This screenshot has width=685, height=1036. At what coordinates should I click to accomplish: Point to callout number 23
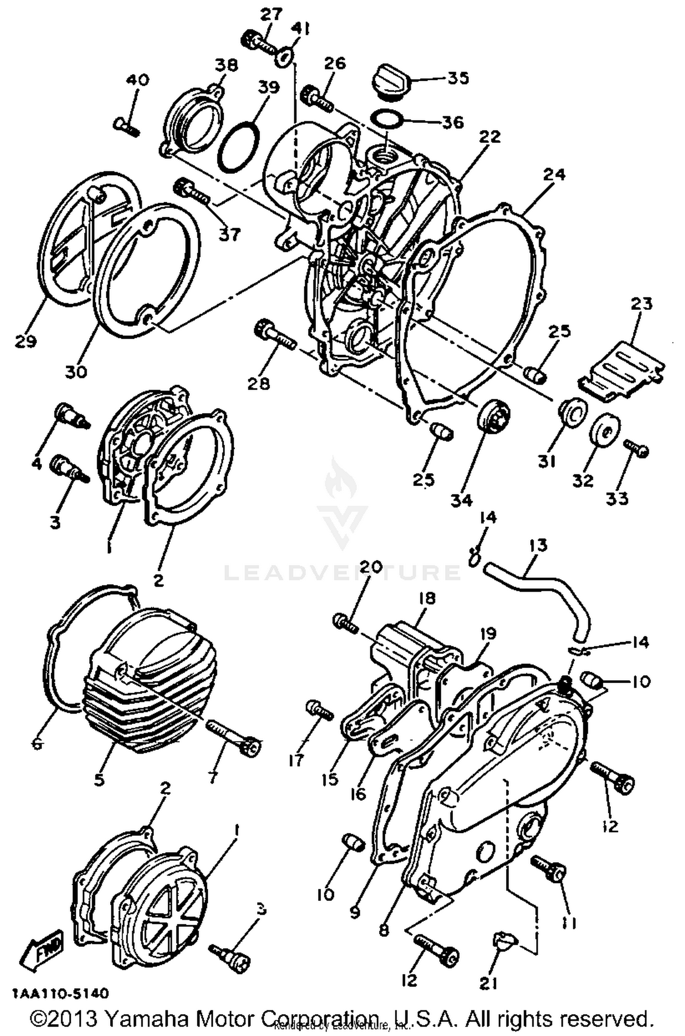click(x=642, y=303)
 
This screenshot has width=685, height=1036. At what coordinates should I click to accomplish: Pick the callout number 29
click(x=26, y=341)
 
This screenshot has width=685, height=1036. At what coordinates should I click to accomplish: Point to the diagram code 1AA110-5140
click(x=61, y=993)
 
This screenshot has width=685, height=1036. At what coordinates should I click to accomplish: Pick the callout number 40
click(x=138, y=80)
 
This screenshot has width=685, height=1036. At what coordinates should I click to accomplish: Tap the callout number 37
click(x=229, y=235)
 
